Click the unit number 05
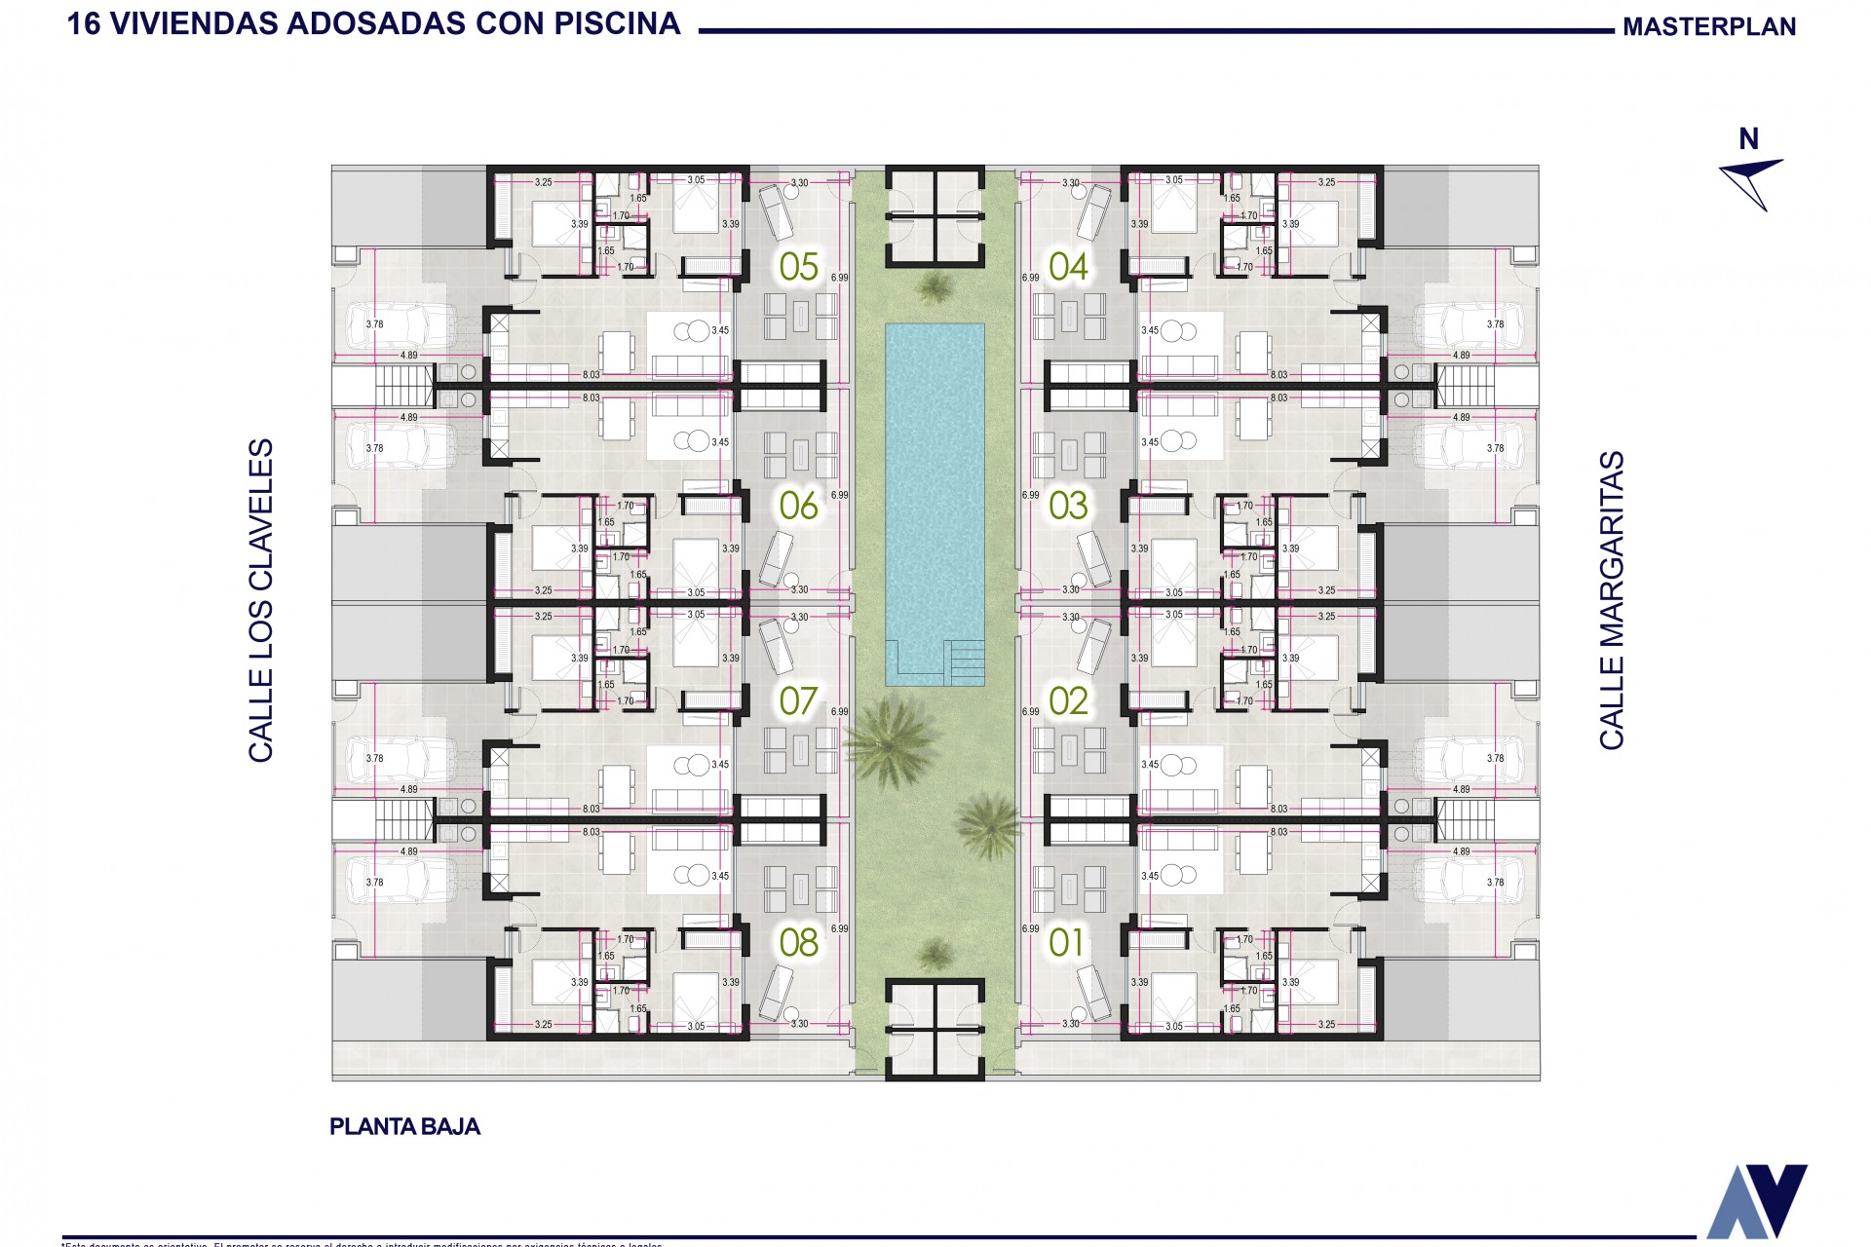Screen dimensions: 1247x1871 coord(798,267)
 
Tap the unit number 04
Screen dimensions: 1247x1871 coord(1068,267)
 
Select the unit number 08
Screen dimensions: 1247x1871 coord(798,942)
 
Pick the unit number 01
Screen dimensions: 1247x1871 coord(1066,942)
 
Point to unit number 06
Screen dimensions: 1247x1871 coord(798,506)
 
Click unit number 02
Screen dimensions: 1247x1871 coord(1068,701)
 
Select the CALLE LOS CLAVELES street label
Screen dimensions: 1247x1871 coord(260,600)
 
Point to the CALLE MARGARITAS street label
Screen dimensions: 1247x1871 coord(1612,600)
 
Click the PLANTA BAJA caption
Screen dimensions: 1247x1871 coord(404,1127)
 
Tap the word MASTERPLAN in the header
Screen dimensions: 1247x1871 coord(1708,27)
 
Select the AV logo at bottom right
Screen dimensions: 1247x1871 coord(1756,1200)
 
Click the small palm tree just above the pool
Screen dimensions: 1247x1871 coord(935,287)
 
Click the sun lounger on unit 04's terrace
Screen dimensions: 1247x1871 coord(1093,212)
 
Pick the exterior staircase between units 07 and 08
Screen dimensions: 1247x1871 coord(403,819)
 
